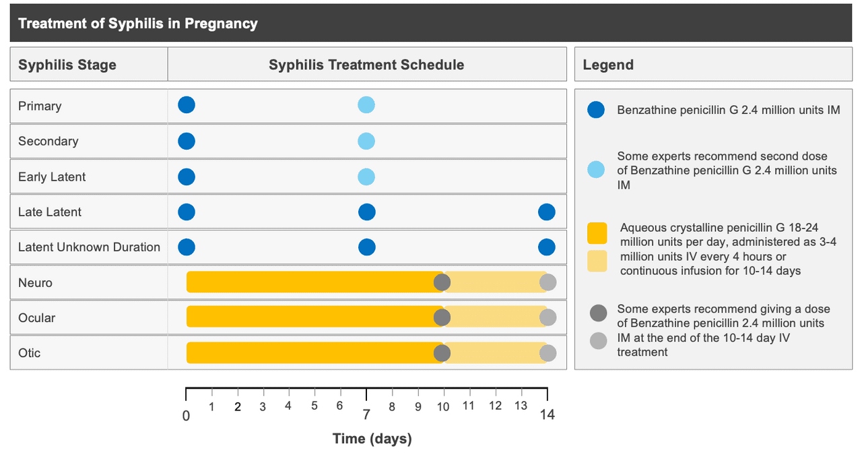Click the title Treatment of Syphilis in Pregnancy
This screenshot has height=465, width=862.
137,24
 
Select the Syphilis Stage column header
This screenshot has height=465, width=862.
67,65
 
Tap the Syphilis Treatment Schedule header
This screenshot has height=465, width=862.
366,65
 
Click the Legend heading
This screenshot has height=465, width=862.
608,65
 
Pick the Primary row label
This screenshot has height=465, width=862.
40,106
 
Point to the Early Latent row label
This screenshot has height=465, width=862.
52,177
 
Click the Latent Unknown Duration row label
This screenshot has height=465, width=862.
89,247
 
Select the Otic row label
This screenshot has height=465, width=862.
30,353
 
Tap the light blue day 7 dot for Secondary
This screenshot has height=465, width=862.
366,141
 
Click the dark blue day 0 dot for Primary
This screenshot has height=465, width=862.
187,105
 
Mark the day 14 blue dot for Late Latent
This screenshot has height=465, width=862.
547,212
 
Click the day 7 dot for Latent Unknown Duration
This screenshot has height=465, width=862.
366,247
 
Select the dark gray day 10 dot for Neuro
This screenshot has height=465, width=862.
442,282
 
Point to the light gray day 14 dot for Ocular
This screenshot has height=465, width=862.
548,317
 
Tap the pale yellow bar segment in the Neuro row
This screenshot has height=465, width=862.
495,282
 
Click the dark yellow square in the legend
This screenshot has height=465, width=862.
597,233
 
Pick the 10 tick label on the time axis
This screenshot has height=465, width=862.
442,407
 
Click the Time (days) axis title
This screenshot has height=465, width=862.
372,439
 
